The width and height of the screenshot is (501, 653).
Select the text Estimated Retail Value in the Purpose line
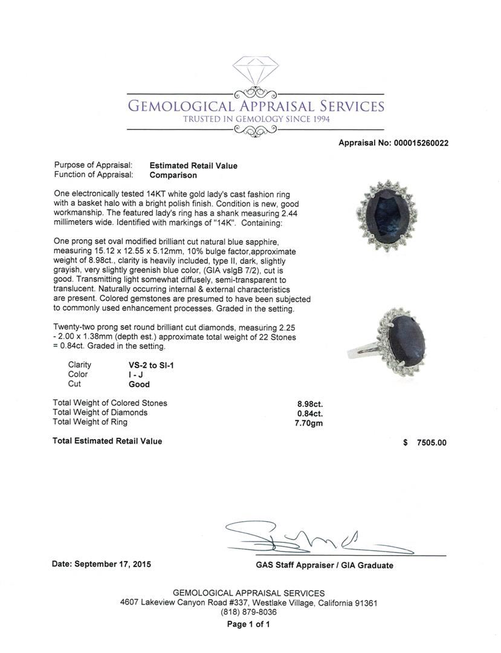click(193, 166)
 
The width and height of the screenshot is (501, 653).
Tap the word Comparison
click(173, 175)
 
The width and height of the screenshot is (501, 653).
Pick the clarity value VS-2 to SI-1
click(147, 365)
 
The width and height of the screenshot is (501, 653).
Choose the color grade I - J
click(128, 375)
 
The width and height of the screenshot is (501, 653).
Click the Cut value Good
click(135, 384)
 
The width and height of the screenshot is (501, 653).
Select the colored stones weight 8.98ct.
click(310, 403)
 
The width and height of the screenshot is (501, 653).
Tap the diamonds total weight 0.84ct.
click(310, 414)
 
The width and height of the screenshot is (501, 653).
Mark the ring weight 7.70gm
click(309, 423)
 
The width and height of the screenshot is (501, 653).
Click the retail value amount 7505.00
click(431, 443)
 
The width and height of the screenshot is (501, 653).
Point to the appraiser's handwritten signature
click(314, 538)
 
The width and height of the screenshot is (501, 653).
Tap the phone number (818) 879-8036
click(248, 612)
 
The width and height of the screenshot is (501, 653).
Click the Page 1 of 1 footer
click(248, 625)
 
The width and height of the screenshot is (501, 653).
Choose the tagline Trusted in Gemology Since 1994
click(256, 119)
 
